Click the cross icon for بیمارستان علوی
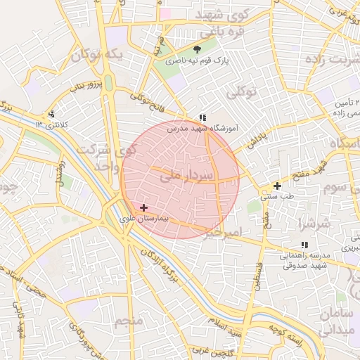pyautogui.click(x=144, y=207)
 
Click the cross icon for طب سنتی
pyautogui.click(x=277, y=186)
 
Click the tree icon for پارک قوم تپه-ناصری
pyautogui.click(x=198, y=49)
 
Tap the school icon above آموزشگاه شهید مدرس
pyautogui.click(x=202, y=117)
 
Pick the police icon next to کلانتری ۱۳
pyautogui.click(x=51, y=115)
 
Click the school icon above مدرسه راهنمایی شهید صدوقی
pyautogui.click(x=304, y=245)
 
